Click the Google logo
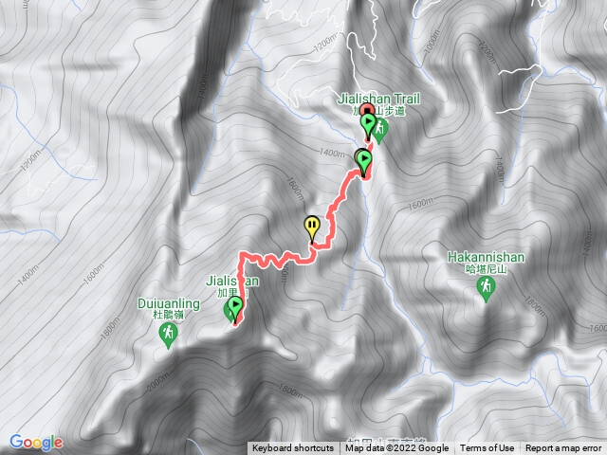pos(36,442)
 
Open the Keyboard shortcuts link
pos(292,448)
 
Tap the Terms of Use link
pos(487,448)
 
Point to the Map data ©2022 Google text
pos(396,448)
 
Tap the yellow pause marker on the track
pos(312,226)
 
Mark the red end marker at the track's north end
pos(366,112)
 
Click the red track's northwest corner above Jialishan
pos(242,255)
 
